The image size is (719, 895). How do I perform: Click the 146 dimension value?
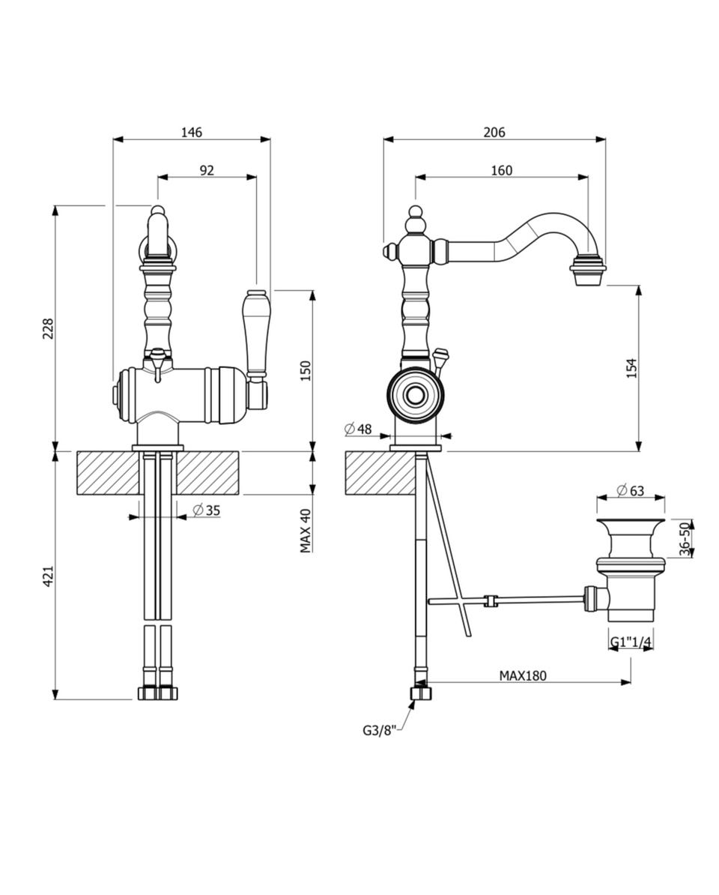(192, 133)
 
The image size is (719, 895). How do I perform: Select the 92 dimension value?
(207, 170)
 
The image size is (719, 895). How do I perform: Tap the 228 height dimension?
(48, 328)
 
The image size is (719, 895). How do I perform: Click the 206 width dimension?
(494, 133)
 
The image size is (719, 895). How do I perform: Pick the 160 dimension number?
(502, 170)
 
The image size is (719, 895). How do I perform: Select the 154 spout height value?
(631, 368)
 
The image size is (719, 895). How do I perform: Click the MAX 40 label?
(306, 531)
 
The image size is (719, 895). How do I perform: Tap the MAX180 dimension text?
(523, 676)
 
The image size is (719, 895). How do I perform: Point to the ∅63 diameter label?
(631, 490)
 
